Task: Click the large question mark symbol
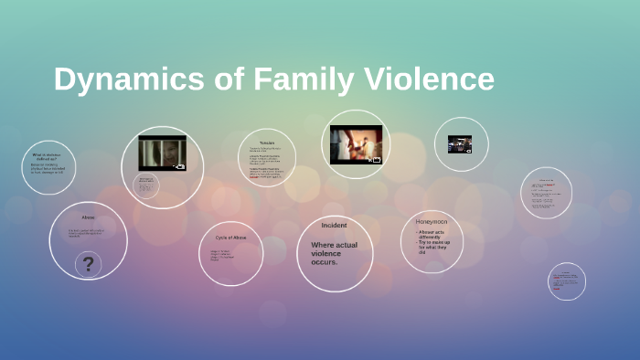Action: (89, 265)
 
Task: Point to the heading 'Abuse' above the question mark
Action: (88, 217)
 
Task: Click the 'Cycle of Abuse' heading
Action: (229, 237)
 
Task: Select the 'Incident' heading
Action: (334, 225)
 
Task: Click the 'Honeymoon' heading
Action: (432, 222)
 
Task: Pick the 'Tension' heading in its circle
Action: (267, 143)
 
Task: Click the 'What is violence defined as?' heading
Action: (47, 155)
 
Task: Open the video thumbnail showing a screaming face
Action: (162, 153)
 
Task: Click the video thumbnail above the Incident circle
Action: (356, 144)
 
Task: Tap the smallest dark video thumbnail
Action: (459, 144)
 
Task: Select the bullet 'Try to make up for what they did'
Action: (434, 248)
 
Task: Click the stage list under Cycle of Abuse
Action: (226, 255)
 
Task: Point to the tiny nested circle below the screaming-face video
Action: (147, 185)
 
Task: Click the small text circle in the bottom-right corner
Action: (567, 281)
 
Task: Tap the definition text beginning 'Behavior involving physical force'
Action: (48, 169)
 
